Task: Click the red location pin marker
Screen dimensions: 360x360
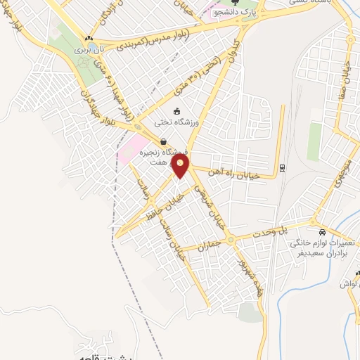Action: pyautogui.click(x=181, y=167)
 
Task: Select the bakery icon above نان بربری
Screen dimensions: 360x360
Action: pyautogui.click(x=89, y=38)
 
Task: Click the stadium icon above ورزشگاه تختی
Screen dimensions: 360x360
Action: pyautogui.click(x=176, y=110)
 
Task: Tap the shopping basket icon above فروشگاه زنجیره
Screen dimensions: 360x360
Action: pyautogui.click(x=163, y=142)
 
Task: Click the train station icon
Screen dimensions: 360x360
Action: pyautogui.click(x=282, y=167)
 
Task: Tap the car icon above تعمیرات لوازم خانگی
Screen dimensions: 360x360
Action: pyautogui.click(x=322, y=232)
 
